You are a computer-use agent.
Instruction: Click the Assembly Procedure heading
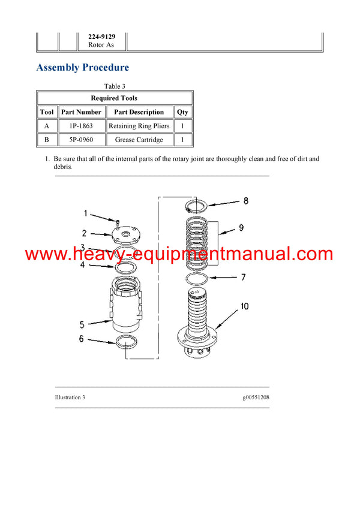[82, 67]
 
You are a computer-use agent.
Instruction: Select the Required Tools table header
[114, 98]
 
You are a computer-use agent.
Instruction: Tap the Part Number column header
[81, 112]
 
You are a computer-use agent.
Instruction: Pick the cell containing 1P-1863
[81, 126]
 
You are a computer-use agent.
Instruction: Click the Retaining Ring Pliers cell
[139, 126]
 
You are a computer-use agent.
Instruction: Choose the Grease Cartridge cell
[139, 140]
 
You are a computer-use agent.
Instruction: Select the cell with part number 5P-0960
[81, 140]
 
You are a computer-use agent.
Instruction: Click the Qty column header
[182, 112]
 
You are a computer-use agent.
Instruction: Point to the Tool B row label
[47, 140]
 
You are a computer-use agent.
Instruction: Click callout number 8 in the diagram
[245, 201]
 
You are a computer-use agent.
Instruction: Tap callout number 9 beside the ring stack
[241, 227]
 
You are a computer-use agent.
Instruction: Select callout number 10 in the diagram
[244, 306]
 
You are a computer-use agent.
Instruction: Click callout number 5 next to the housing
[82, 324]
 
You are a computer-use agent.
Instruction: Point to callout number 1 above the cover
[85, 213]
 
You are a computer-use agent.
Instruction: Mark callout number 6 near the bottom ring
[82, 339]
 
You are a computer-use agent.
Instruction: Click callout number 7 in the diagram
[243, 277]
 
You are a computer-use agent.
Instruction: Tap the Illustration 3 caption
[70, 397]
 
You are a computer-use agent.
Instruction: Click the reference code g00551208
[252, 397]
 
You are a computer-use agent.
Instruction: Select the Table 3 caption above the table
[114, 86]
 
